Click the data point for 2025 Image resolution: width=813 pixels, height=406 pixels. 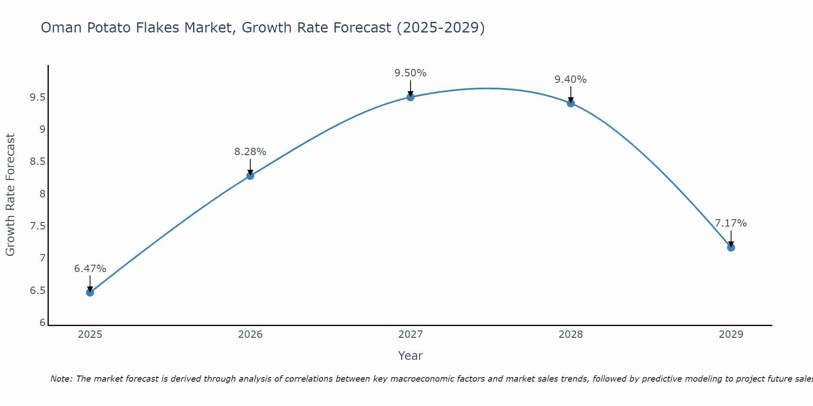(x=90, y=292)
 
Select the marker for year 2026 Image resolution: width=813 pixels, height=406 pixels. (x=250, y=176)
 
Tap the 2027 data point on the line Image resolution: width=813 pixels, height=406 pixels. (x=411, y=97)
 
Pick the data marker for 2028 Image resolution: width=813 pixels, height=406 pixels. (x=571, y=103)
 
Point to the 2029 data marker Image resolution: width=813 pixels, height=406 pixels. (x=731, y=247)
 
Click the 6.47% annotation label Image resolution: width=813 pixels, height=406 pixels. (x=90, y=269)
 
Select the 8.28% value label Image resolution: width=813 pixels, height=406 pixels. (x=250, y=152)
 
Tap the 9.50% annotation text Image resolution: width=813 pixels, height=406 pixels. (x=411, y=73)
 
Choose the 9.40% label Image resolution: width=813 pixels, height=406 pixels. (x=571, y=80)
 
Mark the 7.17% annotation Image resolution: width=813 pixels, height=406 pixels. (x=731, y=223)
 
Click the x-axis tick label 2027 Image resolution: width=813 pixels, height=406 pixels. (x=411, y=335)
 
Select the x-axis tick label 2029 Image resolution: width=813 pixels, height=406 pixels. (x=731, y=335)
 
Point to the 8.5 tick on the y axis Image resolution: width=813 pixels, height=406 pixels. (x=37, y=162)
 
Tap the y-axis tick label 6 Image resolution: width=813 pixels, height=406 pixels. (x=42, y=323)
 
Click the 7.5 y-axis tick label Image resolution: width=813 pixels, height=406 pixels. (x=37, y=226)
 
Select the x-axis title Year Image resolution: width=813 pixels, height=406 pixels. (x=411, y=356)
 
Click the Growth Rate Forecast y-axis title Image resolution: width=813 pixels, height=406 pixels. (x=10, y=195)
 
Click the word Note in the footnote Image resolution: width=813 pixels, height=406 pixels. (x=61, y=379)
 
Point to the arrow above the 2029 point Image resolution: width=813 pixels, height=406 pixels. (x=731, y=238)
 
